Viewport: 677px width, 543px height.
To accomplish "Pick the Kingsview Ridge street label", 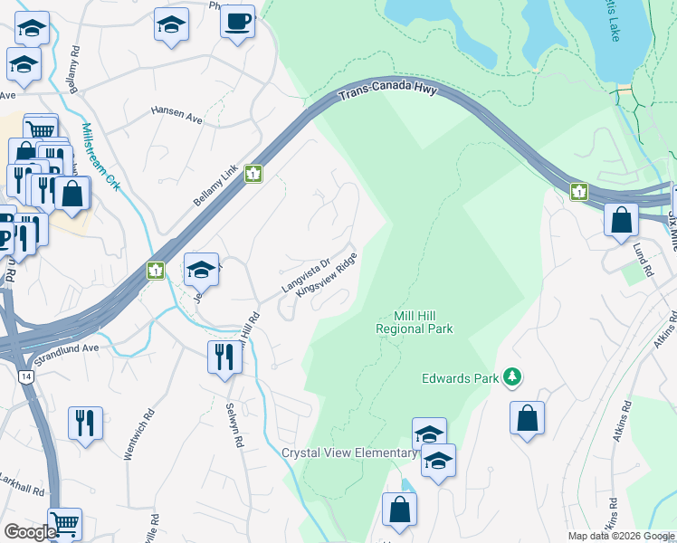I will point(334,281).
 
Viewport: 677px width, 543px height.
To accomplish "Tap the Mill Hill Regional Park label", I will point(415,323).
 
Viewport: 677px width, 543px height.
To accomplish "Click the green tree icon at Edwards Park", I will point(512,376).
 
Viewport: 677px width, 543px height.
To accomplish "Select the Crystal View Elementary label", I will point(348,452).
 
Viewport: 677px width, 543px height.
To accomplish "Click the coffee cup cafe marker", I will point(238,21).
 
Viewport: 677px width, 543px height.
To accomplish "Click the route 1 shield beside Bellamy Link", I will point(253,174).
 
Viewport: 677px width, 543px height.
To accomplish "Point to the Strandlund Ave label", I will point(65,347).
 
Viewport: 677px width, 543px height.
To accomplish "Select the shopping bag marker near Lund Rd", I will point(621,220).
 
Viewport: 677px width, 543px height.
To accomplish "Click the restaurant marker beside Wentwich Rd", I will point(85,423).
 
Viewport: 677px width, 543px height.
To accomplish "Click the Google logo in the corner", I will point(30,532).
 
